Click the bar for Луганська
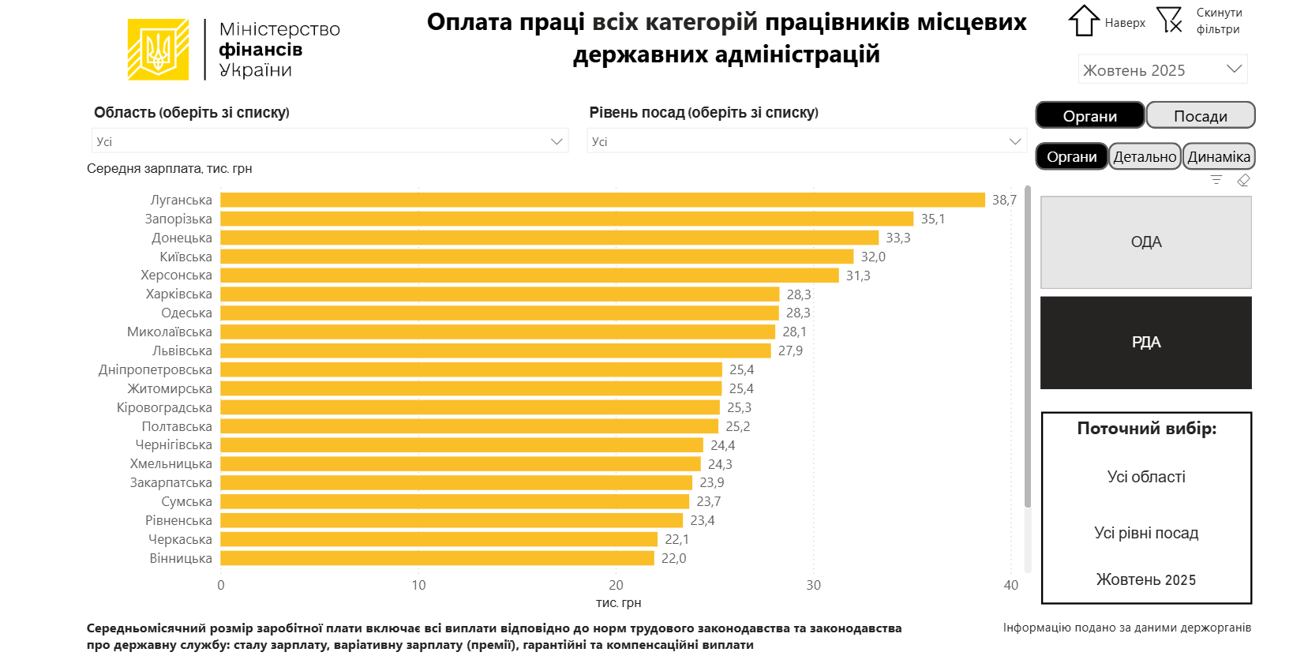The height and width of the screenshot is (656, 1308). click(602, 201)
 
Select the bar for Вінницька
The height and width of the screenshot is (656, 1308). click(437, 558)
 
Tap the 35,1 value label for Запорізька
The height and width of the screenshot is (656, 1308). click(932, 219)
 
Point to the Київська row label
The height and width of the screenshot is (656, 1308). click(186, 257)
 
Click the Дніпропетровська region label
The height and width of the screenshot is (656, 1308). click(156, 369)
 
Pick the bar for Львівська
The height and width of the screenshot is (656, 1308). click(496, 350)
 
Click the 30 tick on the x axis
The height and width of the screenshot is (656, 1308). click(813, 585)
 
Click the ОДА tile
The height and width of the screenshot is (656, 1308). click(1145, 242)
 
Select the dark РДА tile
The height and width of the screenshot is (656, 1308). click(1145, 343)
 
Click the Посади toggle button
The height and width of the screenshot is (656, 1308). click(1200, 116)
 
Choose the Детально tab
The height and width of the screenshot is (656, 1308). click(1145, 156)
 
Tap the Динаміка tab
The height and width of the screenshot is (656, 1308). click(1219, 156)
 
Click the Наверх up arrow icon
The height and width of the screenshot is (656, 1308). click(1084, 21)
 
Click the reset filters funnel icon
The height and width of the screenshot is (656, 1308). click(1169, 20)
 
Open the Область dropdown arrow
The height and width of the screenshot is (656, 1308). click(557, 141)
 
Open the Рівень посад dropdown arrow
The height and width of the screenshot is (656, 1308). click(1015, 141)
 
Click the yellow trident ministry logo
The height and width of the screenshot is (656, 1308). click(159, 50)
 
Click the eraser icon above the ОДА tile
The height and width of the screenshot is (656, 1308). click(1243, 181)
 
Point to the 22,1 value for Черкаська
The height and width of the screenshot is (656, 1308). click(676, 539)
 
